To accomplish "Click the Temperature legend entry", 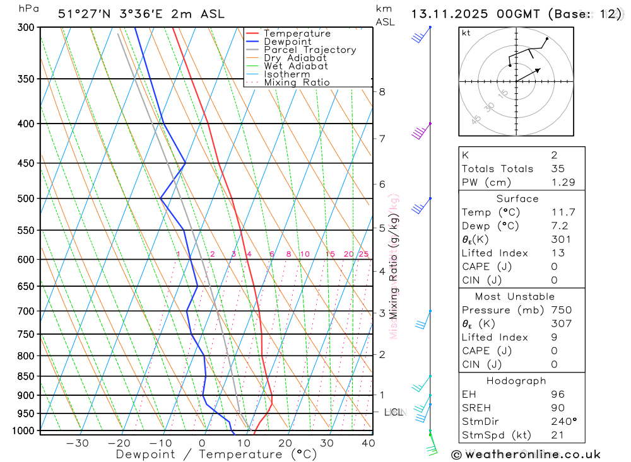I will pyautogui.click(x=297, y=33).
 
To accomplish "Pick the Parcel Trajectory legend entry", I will pyautogui.click(x=310, y=50).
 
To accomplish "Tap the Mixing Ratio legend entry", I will pyautogui.click(x=297, y=83).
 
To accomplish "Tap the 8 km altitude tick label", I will pyautogui.click(x=382, y=91).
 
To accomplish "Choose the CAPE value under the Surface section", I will pyautogui.click(x=553, y=267).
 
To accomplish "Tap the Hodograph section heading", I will pyautogui.click(x=517, y=381).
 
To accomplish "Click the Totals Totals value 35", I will pyautogui.click(x=557, y=168).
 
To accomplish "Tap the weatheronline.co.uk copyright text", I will pyautogui.click(x=526, y=454).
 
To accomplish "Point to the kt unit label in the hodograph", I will pyautogui.click(x=466, y=33).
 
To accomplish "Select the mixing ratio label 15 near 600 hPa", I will pyautogui.click(x=329, y=254).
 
